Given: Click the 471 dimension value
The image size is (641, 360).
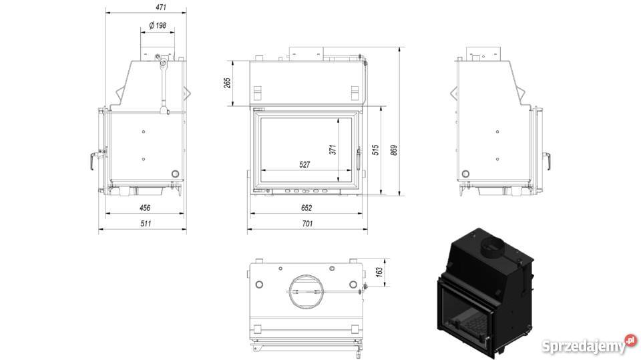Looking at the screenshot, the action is [161, 7].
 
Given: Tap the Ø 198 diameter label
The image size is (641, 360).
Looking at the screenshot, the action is [158, 25].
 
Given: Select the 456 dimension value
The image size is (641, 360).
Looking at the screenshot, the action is [145, 208].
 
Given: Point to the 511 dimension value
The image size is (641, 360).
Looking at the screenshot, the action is [146, 223].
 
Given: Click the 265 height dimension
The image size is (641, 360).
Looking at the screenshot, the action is [227, 83].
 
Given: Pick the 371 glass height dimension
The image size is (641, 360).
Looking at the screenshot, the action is [333, 150].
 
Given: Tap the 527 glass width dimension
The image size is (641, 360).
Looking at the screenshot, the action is [304, 164].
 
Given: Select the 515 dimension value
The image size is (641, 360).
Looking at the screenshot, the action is [375, 150].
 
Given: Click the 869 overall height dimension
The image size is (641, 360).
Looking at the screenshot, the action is [394, 150].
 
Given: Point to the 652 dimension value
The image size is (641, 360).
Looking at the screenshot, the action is [306, 208].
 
